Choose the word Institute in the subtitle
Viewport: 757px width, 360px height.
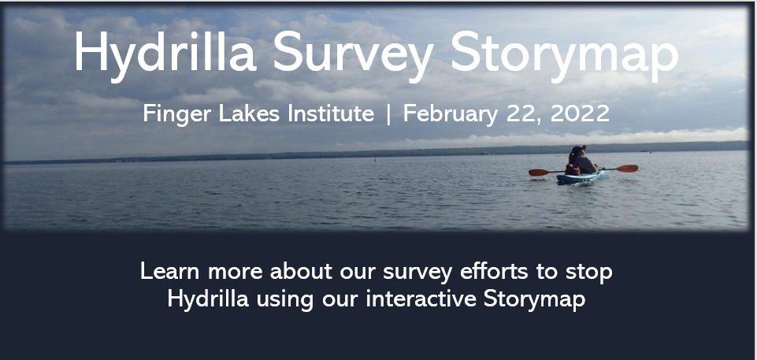pyautogui.click(x=331, y=114)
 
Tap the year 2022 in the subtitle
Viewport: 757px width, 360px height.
pyautogui.click(x=580, y=114)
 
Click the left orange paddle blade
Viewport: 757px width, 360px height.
pyautogui.click(x=538, y=173)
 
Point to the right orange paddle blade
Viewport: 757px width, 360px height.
pyautogui.click(x=627, y=169)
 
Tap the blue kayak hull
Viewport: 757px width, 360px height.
pyautogui.click(x=582, y=177)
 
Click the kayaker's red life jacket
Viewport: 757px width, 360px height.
pyautogui.click(x=573, y=169)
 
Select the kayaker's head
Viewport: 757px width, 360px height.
pyautogui.click(x=578, y=151)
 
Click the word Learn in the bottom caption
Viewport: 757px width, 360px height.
pyautogui.click(x=169, y=271)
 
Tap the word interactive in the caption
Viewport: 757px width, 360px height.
pyautogui.click(x=421, y=299)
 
